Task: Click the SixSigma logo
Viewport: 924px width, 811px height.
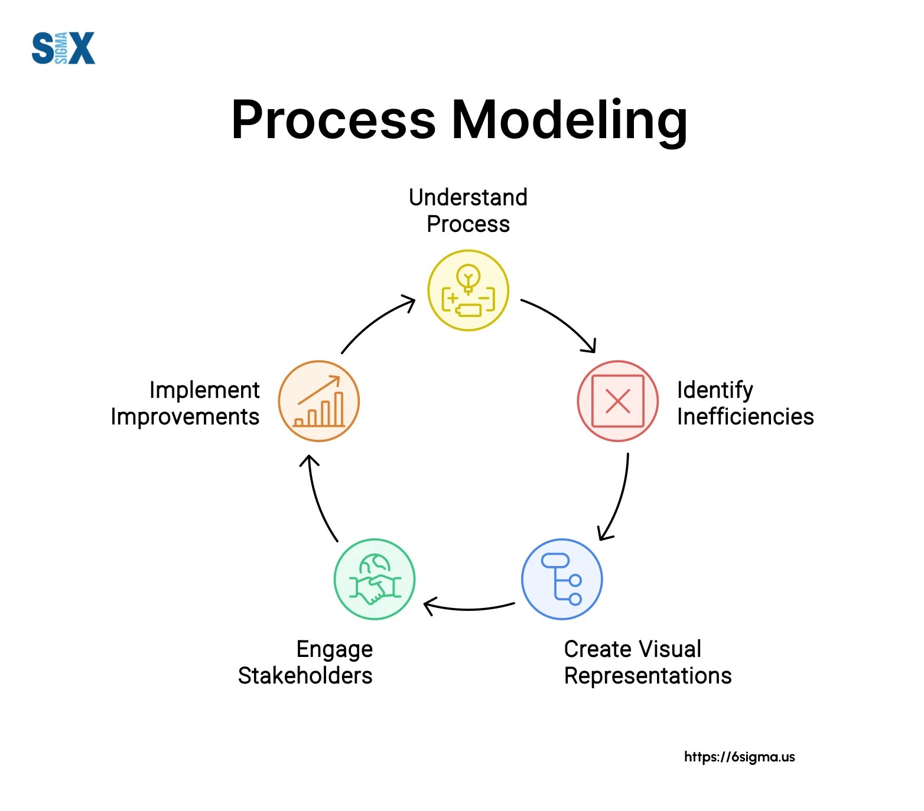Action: (x=63, y=48)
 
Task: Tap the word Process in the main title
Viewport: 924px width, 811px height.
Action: (x=333, y=120)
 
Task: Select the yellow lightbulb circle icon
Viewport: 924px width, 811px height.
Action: (x=468, y=290)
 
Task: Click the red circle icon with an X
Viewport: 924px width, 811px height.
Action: (x=617, y=401)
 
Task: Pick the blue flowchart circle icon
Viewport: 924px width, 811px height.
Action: (x=562, y=579)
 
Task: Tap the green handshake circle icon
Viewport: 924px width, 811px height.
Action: (x=375, y=579)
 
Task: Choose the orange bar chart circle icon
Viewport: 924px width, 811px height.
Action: (x=319, y=401)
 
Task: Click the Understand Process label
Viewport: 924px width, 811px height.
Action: (x=468, y=211)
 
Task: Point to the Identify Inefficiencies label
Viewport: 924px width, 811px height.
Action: (x=745, y=403)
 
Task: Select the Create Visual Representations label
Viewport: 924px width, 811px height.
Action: (x=648, y=662)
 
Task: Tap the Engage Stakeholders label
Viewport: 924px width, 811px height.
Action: (x=305, y=662)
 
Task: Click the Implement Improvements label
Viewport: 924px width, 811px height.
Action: (x=186, y=403)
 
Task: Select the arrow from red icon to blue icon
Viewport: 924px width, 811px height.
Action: (x=618, y=499)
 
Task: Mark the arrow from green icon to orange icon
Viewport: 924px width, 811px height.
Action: (x=319, y=499)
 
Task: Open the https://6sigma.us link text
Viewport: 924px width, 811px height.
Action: (x=739, y=757)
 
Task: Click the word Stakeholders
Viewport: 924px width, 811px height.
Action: (x=305, y=676)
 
